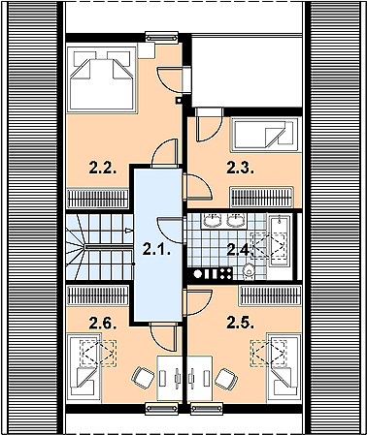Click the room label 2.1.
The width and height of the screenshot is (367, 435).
click(156, 249)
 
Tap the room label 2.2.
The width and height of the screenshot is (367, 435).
click(103, 168)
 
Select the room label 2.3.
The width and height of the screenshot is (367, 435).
click(240, 168)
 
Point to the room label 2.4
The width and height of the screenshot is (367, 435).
click(238, 249)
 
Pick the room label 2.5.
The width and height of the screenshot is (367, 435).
click(240, 323)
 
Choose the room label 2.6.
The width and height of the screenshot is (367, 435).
click(103, 323)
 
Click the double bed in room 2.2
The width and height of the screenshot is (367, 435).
click(102, 79)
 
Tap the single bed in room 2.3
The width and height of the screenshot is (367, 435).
click(263, 135)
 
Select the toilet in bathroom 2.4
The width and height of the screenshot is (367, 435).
click(249, 270)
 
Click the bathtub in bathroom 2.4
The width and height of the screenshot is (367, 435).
click(279, 240)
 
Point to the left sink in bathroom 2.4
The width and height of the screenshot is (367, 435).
click(213, 220)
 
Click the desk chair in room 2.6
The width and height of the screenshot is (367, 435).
click(143, 377)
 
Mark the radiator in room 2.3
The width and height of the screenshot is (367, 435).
click(261, 197)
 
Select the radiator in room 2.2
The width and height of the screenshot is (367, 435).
click(98, 198)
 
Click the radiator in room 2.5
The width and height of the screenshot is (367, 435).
click(271, 295)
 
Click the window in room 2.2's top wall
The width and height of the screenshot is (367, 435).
click(162, 37)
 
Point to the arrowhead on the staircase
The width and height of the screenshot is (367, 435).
click(129, 231)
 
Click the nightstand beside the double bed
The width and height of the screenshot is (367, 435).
click(146, 50)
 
